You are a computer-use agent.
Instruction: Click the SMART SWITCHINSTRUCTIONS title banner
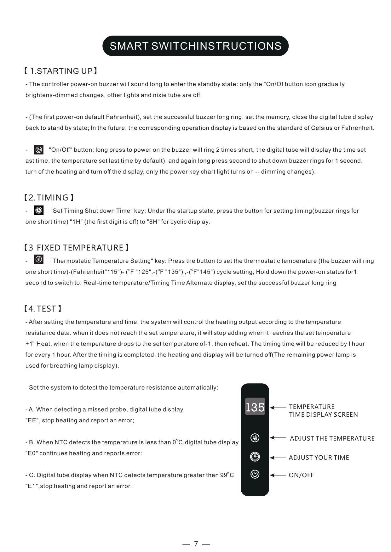tap(195, 46)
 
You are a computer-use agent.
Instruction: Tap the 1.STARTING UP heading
tap(60, 71)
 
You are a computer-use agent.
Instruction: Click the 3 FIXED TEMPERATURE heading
tap(76, 248)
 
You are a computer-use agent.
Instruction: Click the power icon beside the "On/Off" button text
tap(39, 150)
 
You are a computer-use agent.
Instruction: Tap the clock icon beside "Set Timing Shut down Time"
tap(39, 211)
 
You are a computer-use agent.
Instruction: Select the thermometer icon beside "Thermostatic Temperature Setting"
tap(39, 260)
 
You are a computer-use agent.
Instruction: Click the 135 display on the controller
tap(255, 407)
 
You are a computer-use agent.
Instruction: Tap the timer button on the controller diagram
tap(255, 457)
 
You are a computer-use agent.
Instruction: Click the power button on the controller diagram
tap(255, 474)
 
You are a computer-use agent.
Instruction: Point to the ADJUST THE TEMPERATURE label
tap(332, 438)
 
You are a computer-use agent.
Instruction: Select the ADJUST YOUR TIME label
tap(319, 458)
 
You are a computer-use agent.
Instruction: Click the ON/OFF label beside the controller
tap(301, 475)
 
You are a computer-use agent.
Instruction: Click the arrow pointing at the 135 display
tap(278, 408)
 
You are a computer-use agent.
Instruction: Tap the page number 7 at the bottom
tap(196, 544)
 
